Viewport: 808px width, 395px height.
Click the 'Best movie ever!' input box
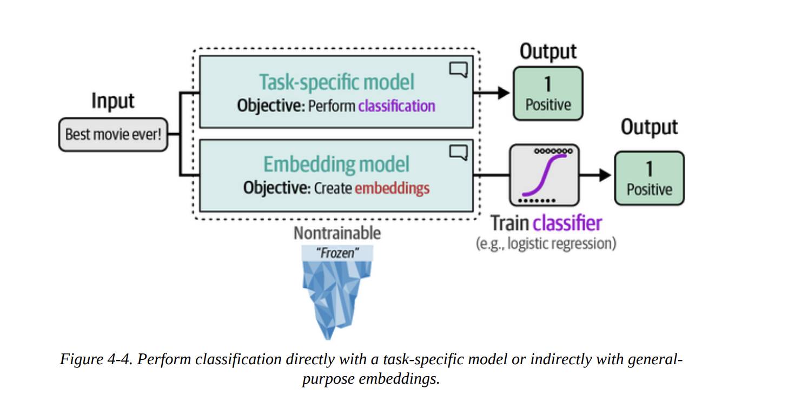(113, 134)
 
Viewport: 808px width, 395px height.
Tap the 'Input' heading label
(113, 101)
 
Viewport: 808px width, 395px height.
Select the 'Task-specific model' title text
(336, 82)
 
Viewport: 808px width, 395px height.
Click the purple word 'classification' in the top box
(396, 106)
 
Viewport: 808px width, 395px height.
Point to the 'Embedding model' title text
(336, 164)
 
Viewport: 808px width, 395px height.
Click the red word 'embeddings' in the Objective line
(392, 188)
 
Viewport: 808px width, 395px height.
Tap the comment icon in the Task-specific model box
(458, 70)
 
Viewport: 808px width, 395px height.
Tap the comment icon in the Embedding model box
(458, 153)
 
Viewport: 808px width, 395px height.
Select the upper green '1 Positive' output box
(548, 93)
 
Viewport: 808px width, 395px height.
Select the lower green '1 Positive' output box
(649, 178)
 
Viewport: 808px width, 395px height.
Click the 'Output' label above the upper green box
(548, 51)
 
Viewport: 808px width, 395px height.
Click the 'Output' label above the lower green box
(649, 127)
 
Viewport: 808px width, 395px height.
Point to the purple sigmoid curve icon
(545, 175)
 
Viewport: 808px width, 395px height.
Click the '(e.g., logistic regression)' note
(546, 243)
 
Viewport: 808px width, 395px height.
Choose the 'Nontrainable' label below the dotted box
(337, 233)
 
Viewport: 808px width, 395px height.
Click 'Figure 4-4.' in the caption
(96, 360)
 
